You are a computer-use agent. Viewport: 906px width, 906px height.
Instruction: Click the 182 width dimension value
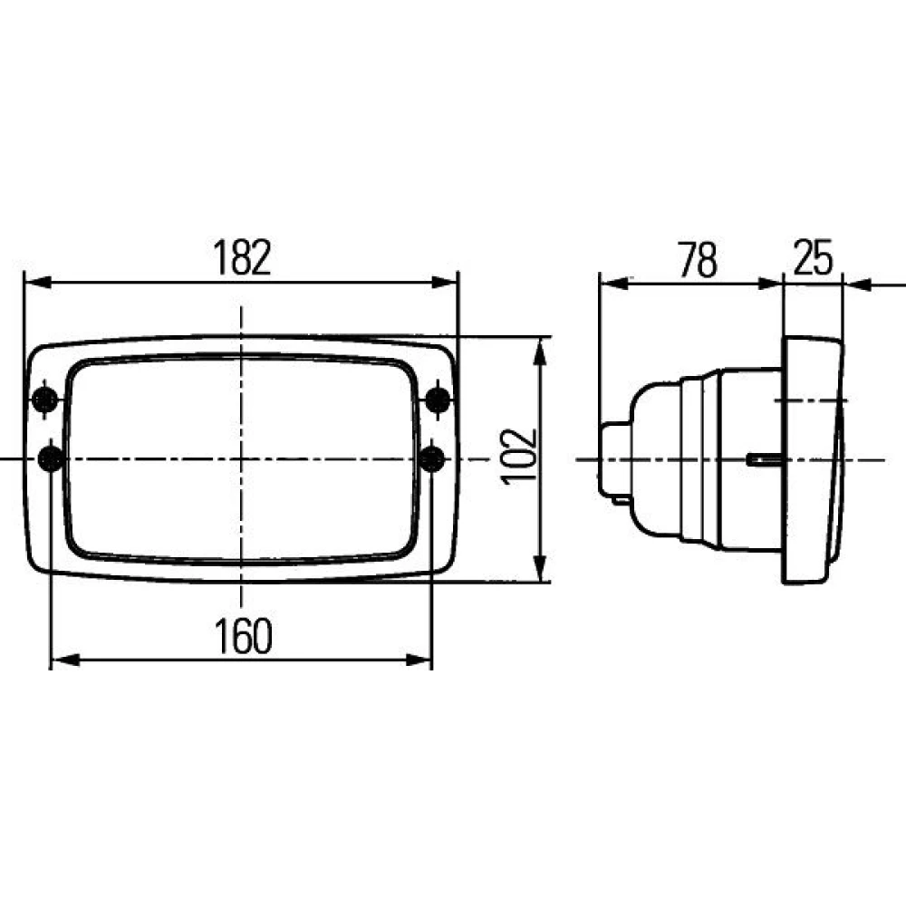pyautogui.click(x=242, y=257)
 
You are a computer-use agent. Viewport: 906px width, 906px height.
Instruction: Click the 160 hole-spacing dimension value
pyautogui.click(x=243, y=636)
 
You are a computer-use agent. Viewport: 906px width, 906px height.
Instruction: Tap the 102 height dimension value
pyautogui.click(x=519, y=457)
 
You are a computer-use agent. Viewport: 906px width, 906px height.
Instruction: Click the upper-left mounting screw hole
pyautogui.click(x=44, y=400)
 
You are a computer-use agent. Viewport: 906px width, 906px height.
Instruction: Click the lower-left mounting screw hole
pyautogui.click(x=50, y=459)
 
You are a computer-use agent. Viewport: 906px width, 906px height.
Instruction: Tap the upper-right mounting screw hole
pyautogui.click(x=438, y=400)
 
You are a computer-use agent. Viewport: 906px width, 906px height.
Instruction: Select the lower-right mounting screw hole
pyautogui.click(x=432, y=459)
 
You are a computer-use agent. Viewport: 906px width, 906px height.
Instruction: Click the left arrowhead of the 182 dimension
pyautogui.click(x=37, y=283)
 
